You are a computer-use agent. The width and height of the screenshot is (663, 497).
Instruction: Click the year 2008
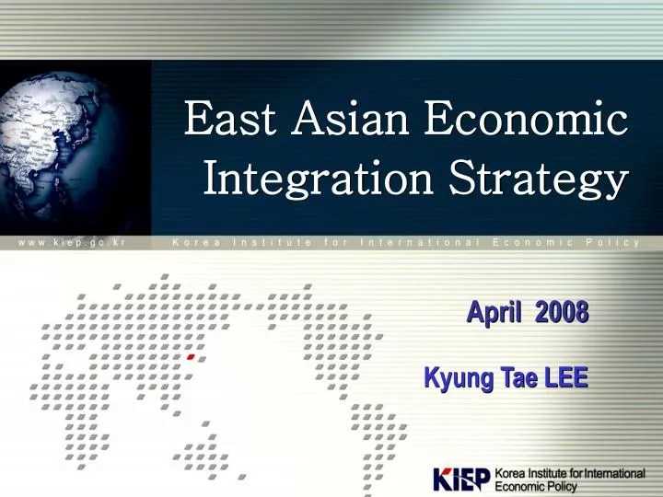click(x=562, y=313)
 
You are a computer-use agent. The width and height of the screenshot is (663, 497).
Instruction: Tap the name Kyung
click(x=455, y=378)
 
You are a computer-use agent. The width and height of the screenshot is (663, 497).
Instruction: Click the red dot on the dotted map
click(x=191, y=355)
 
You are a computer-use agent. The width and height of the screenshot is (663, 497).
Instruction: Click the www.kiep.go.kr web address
click(x=69, y=243)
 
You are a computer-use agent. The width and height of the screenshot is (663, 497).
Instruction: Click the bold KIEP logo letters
click(x=461, y=480)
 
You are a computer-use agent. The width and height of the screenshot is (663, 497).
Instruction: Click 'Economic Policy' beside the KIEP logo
click(x=536, y=487)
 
